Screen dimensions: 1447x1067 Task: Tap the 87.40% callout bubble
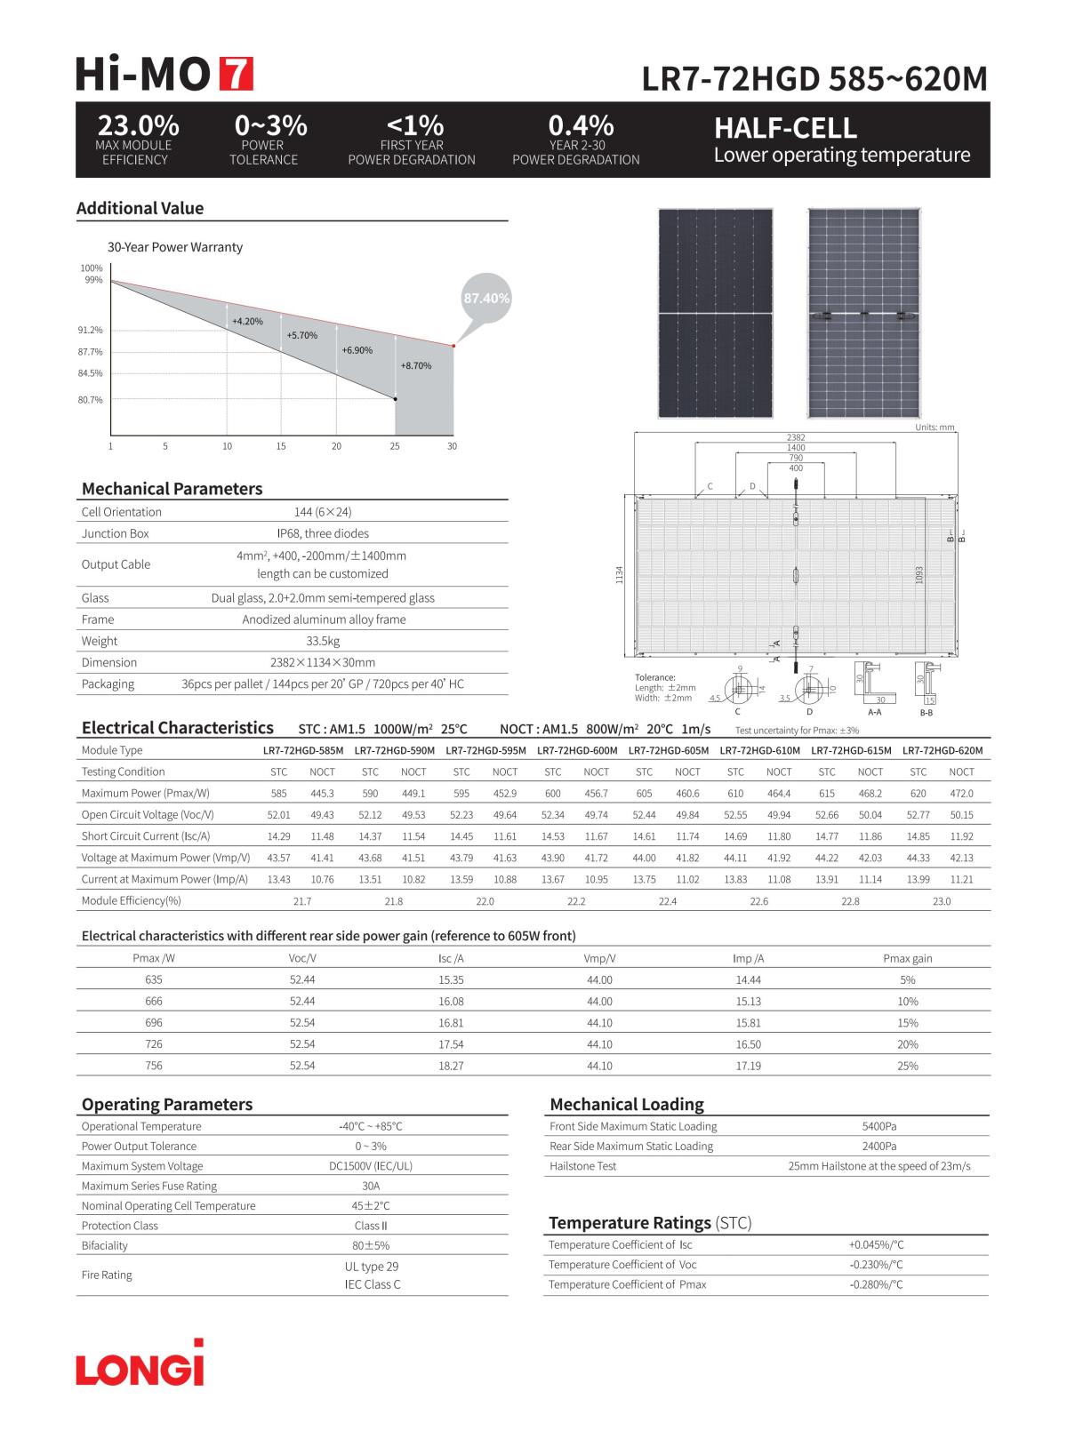click(x=486, y=299)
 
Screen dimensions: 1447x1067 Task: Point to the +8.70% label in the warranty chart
click(x=415, y=365)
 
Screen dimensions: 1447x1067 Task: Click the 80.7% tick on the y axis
click(x=90, y=400)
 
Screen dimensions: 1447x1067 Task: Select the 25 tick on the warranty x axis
click(x=395, y=446)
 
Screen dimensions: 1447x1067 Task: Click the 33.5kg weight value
click(x=323, y=641)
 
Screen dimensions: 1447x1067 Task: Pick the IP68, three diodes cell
click(x=323, y=533)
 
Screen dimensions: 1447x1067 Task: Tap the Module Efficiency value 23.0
click(x=941, y=901)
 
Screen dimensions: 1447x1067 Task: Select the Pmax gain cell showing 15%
click(x=907, y=1023)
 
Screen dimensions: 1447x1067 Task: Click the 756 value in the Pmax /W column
click(x=154, y=1066)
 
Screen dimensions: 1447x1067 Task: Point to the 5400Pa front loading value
click(x=878, y=1126)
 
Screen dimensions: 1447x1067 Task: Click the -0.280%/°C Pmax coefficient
click(x=876, y=1284)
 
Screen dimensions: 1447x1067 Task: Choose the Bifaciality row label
click(x=105, y=1245)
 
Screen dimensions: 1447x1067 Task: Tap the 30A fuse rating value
click(x=371, y=1186)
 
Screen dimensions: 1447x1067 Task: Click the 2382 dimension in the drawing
click(x=796, y=437)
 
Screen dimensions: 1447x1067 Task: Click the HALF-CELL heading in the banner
click(x=785, y=129)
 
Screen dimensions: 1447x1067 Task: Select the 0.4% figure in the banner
click(x=581, y=125)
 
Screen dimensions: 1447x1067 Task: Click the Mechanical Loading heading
click(x=626, y=1104)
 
